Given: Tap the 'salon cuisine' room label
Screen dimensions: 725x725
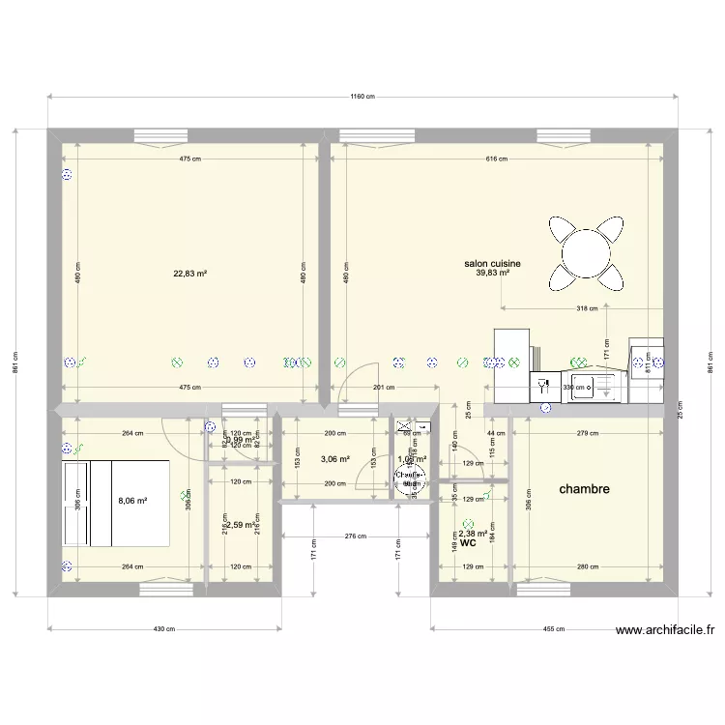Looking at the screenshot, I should click(x=493, y=263).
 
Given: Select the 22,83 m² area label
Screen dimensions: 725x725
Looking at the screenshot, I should click(x=190, y=274).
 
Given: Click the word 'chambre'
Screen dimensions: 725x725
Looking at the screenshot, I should click(x=585, y=489).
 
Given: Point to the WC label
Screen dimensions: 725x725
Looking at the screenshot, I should click(x=468, y=544).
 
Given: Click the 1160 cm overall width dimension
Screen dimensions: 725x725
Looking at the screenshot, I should click(x=362, y=97).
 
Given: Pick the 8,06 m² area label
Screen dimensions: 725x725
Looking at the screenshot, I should click(x=132, y=502).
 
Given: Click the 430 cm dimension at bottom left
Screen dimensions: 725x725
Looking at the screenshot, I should click(x=164, y=628).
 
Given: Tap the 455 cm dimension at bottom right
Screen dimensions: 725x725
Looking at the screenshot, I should click(x=554, y=628).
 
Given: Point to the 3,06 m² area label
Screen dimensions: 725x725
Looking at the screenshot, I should click(x=335, y=460).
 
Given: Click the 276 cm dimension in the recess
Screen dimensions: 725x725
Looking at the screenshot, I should click(x=356, y=536).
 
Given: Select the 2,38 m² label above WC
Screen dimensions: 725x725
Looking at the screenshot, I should click(x=472, y=534).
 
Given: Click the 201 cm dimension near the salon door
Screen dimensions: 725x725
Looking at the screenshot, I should click(x=384, y=388).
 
